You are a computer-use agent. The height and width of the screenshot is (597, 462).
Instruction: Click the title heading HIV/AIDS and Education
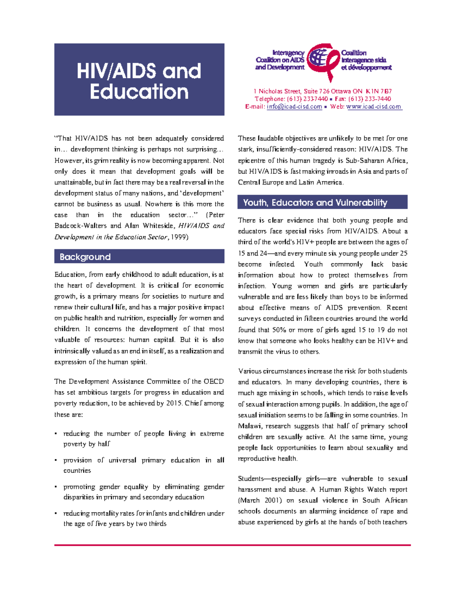139,81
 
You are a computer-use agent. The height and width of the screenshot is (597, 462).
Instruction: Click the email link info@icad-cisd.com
294,107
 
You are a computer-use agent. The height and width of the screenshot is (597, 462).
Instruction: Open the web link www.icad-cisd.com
374,107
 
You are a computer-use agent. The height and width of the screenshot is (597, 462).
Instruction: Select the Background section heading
85,257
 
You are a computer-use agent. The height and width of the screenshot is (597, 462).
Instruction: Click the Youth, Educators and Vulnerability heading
315,203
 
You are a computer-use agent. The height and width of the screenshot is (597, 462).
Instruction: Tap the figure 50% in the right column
279,330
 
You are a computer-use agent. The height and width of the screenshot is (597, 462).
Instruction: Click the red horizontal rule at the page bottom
233,545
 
